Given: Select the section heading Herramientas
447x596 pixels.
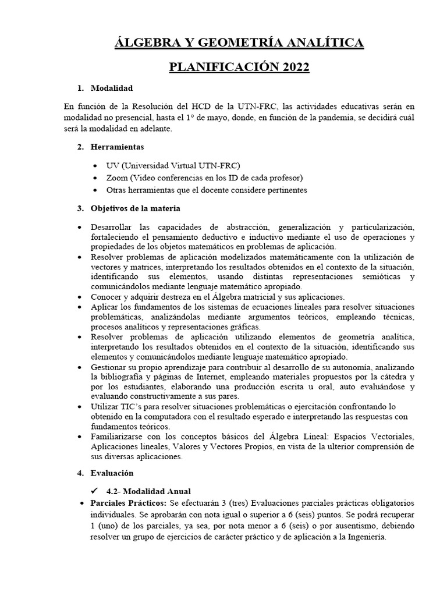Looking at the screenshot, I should coord(118,147).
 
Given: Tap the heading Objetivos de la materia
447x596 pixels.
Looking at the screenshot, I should coord(136,208).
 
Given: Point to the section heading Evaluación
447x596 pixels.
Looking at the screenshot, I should coord(112,473).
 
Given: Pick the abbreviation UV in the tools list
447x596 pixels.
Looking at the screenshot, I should coord(112,165).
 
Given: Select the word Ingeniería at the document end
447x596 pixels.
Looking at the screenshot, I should coord(362,538).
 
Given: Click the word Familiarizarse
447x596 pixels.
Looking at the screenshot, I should coord(119,437).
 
